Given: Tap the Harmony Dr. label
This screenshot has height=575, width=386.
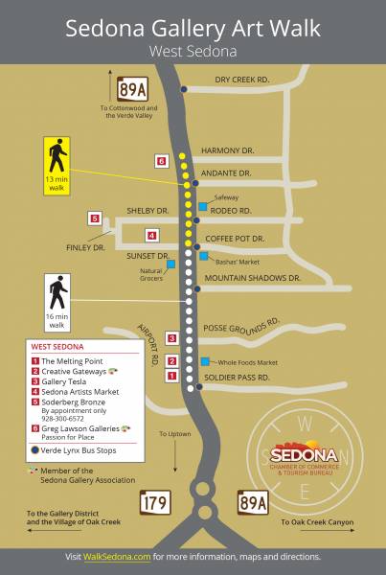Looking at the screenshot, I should [227, 150].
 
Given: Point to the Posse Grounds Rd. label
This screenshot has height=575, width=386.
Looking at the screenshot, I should [240, 325].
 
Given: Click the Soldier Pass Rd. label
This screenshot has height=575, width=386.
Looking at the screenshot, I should [243, 378].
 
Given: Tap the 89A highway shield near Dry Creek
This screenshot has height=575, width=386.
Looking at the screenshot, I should [132, 89].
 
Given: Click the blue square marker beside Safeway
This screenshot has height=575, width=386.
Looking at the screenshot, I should [202, 206].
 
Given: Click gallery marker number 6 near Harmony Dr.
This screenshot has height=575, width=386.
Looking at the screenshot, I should [161, 160].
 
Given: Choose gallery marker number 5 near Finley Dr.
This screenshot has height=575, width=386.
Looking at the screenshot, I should [95, 218].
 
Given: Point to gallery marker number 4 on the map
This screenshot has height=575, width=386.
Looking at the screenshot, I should [151, 235].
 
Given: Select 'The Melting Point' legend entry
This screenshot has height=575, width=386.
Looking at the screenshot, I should [74, 358].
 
